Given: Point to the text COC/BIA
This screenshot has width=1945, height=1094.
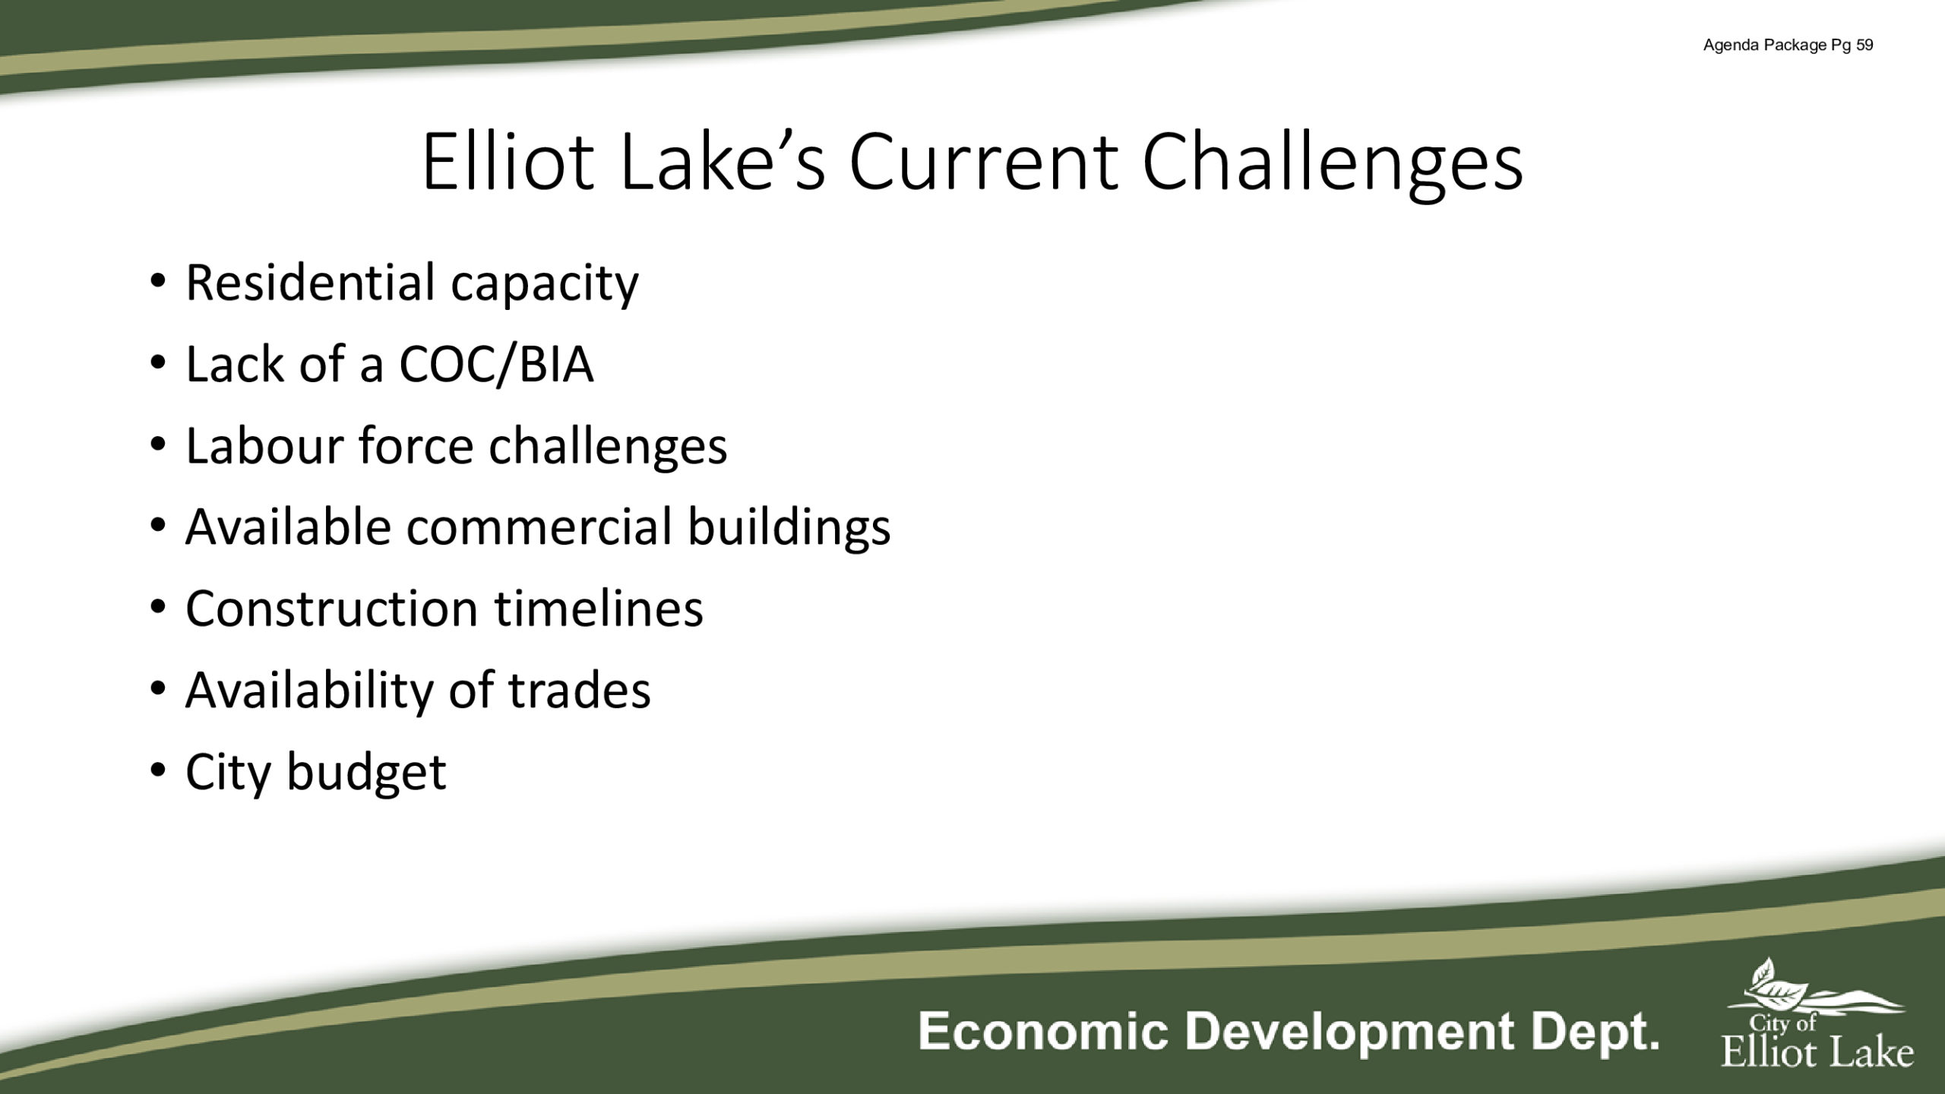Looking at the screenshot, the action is coord(496,364).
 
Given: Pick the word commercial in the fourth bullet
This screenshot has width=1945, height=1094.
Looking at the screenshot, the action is coord(539,526).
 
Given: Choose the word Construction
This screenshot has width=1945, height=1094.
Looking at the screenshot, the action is coord(332,609).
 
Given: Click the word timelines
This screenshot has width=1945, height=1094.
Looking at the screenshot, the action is coord(599,608).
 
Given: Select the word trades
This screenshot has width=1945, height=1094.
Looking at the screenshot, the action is coord(580,690).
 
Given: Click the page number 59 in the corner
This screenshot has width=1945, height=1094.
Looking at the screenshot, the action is coord(1864,45).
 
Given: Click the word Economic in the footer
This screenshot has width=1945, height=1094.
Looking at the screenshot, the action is coord(1042,1032).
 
